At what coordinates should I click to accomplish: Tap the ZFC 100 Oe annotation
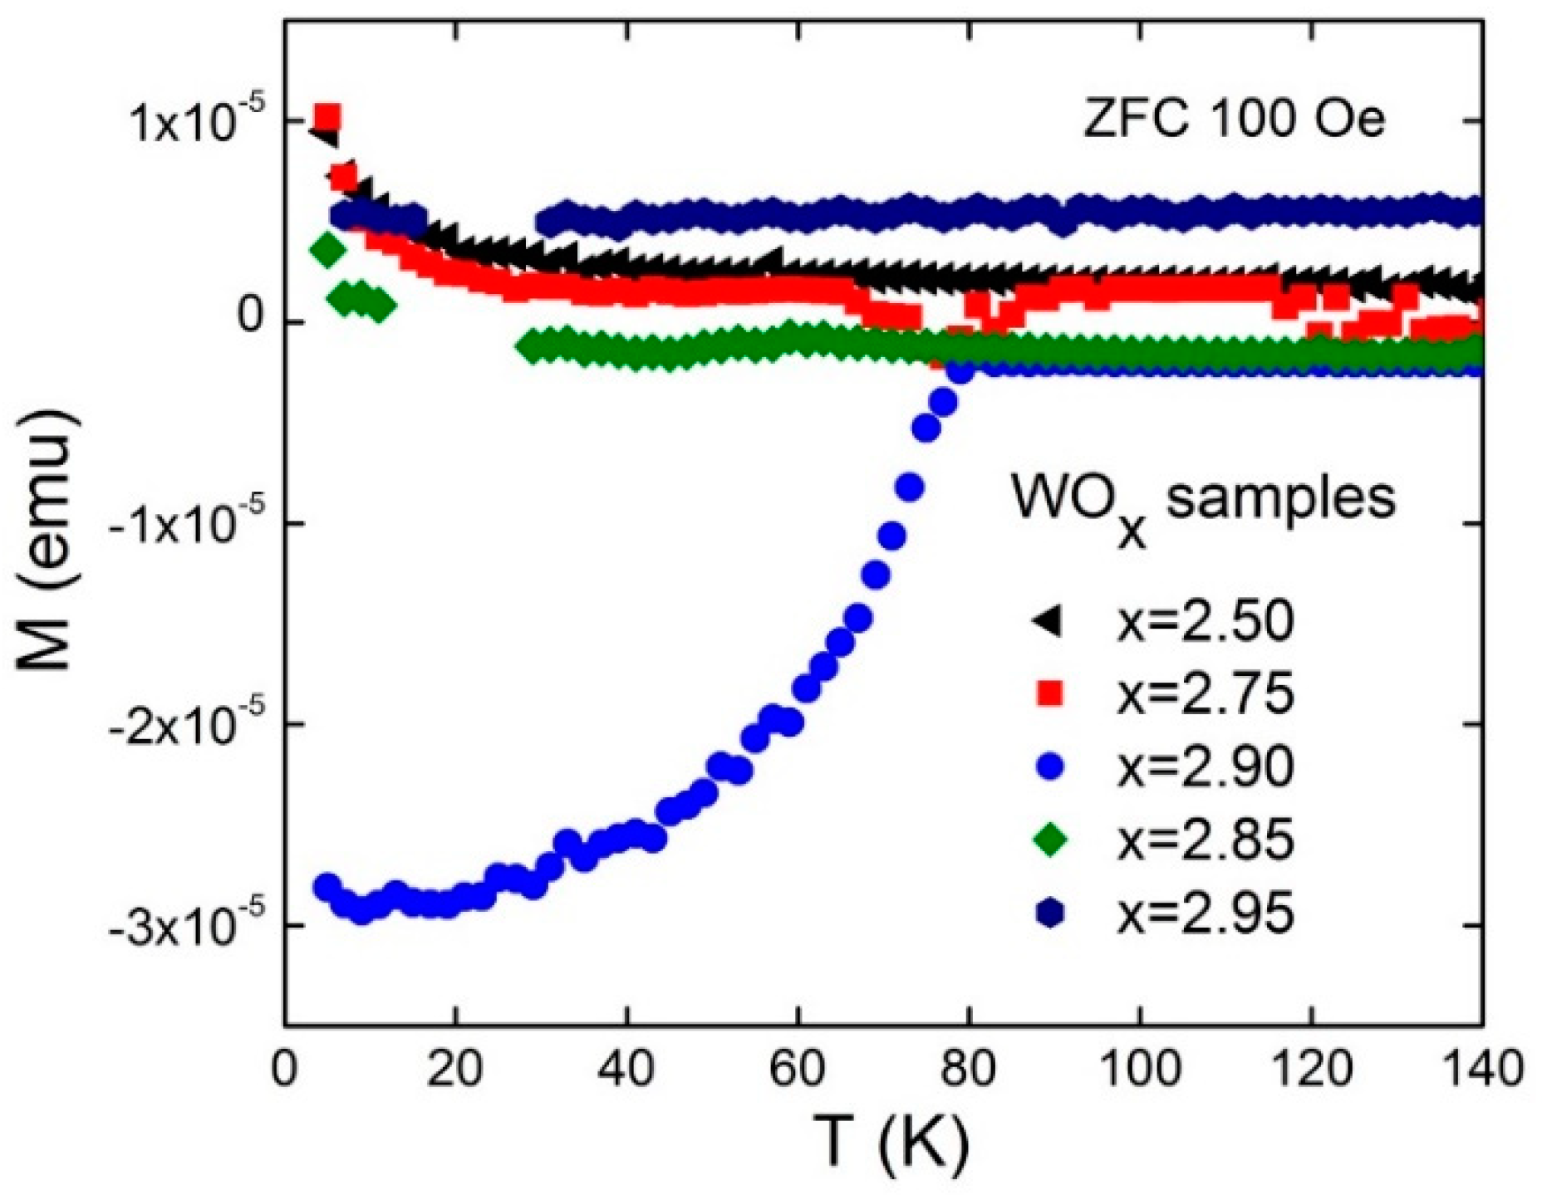tap(1234, 120)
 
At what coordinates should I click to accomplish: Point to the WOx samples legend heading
tap(1203, 502)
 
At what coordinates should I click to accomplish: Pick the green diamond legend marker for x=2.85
tap(1052, 840)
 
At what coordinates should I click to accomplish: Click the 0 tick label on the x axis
tap(285, 1068)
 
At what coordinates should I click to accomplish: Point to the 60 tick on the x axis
tap(798, 1068)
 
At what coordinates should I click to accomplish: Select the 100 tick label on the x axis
tap(1140, 1068)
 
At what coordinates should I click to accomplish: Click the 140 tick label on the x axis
tap(1481, 1068)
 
